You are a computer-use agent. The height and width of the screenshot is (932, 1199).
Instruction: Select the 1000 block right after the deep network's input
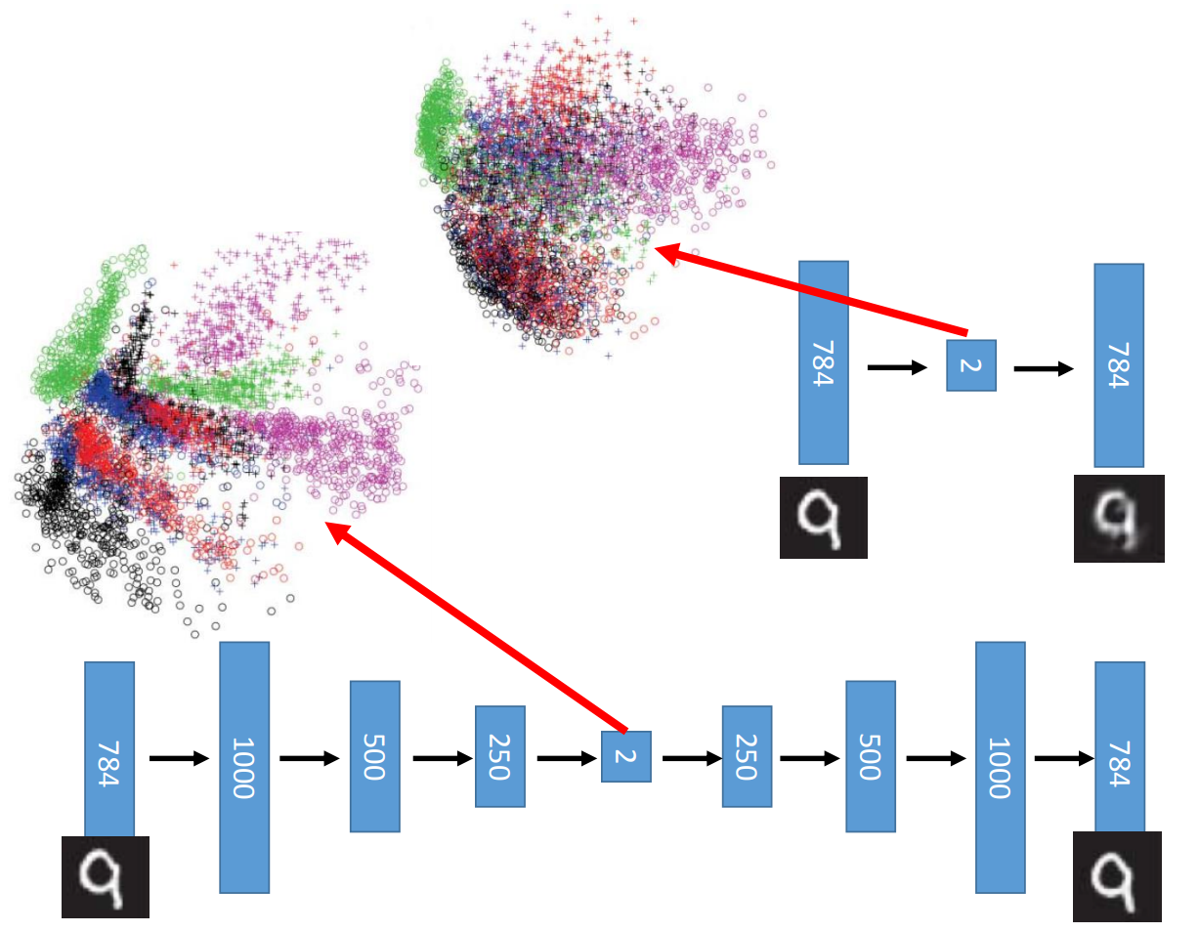[x=243, y=767]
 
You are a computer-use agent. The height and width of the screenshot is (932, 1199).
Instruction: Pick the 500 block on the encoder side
[x=375, y=756]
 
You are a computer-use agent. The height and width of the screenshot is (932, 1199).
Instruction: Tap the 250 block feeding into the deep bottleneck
[x=500, y=756]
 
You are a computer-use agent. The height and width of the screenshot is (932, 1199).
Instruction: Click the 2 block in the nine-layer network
[x=625, y=756]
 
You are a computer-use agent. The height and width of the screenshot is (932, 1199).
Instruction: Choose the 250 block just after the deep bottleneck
[x=748, y=756]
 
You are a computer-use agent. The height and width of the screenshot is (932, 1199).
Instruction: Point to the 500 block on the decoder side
[x=871, y=756]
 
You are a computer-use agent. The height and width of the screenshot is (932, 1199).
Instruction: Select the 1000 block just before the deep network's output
[x=1000, y=767]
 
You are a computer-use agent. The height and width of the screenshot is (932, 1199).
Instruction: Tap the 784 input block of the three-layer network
[x=823, y=362]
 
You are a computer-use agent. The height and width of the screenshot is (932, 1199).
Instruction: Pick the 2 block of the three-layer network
[x=970, y=365]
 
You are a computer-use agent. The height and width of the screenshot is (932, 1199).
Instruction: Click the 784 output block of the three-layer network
[x=1119, y=364]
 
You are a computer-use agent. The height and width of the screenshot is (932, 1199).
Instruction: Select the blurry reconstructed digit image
[x=1119, y=518]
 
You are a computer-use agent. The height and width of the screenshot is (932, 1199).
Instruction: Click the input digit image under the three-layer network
[x=823, y=517]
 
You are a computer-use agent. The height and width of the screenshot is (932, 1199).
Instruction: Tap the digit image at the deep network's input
[x=106, y=876]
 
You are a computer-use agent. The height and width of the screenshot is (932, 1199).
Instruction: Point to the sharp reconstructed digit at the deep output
[x=1117, y=876]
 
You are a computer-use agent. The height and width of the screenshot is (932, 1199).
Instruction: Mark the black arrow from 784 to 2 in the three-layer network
[x=897, y=367]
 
